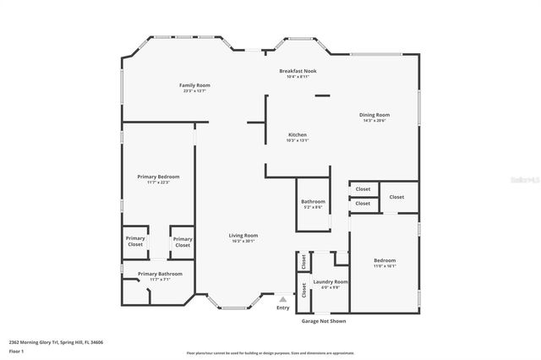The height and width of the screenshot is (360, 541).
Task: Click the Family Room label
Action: pos(194,85)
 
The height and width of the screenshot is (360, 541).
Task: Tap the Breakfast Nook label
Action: pos(297,71)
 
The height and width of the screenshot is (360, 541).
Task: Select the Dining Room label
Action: pos(374,115)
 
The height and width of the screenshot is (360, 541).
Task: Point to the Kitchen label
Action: pos(297,134)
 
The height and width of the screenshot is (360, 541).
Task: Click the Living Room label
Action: pos(243,235)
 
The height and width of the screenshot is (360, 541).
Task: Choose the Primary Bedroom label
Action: pos(158,176)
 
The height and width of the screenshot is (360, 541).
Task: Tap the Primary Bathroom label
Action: pos(159,274)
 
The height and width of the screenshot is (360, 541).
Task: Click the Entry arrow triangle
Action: pos(283,299)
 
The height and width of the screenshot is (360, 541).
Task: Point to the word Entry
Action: pos(283,308)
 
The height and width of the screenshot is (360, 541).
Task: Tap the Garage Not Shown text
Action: pos(323,321)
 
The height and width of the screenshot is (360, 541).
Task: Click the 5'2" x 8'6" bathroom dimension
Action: pos(313,207)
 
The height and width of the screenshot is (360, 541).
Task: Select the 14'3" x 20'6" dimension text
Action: pos(374,121)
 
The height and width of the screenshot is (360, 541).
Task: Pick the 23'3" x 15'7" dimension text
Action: pos(194,91)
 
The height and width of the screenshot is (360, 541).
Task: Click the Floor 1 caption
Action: pos(16,350)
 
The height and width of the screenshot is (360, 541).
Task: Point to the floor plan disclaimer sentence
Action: pos(270,353)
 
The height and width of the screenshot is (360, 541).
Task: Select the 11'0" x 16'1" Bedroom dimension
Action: pos(385,266)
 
